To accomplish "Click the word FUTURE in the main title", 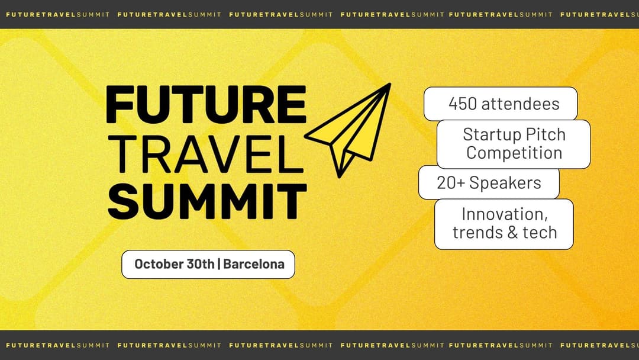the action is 206,104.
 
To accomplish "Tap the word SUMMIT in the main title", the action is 207,201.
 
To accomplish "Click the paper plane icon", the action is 348,130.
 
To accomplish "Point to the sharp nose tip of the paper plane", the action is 389,85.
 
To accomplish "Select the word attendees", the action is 521,104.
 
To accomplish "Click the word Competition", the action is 514,153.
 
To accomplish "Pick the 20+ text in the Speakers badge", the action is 451,182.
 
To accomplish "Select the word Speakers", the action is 505,183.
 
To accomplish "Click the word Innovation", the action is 505,214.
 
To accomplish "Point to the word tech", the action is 540,232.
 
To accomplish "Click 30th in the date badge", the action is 200,264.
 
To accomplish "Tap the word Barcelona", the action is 254,264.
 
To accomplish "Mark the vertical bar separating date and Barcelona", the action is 219,264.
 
